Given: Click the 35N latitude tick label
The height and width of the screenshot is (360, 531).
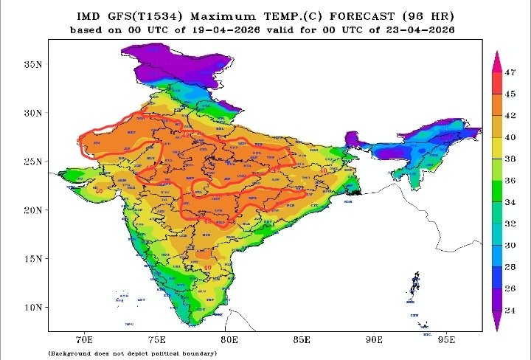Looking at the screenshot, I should click(32, 64).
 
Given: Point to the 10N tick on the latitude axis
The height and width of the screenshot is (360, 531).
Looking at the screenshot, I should click(32, 307).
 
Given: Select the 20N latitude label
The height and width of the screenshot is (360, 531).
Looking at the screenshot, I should click(32, 210).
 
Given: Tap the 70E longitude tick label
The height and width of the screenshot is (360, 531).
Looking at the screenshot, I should click(85, 339).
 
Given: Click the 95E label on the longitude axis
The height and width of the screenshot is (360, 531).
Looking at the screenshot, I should click(447, 339).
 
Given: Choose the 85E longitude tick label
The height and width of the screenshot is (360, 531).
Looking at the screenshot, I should click(302, 339).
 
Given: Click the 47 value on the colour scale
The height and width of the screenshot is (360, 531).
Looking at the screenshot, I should click(510, 72).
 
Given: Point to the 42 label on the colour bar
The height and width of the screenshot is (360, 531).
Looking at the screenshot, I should click(510, 115).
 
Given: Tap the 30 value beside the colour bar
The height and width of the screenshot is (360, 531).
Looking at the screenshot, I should click(510, 245).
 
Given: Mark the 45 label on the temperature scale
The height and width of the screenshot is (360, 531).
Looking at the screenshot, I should click(510, 94).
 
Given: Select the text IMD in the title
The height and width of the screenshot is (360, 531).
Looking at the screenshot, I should click(88, 16).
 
